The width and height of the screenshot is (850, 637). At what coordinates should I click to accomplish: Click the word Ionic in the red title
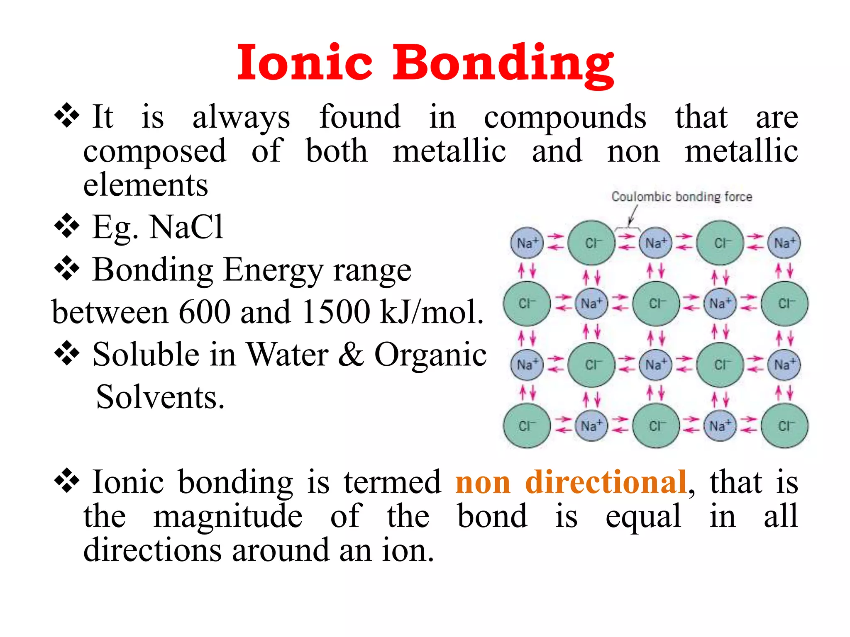point(305,63)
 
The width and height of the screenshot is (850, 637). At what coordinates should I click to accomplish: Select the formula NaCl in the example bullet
point(187,227)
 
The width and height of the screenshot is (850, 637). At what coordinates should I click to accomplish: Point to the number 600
point(204,312)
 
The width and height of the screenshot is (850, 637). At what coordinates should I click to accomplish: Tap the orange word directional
point(606,482)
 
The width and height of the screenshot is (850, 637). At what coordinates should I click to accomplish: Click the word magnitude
point(228,517)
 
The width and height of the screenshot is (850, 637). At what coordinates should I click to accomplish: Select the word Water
point(288,355)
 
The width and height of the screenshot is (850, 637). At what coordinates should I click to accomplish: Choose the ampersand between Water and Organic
point(351,355)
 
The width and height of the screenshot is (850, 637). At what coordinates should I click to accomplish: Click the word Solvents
point(160,397)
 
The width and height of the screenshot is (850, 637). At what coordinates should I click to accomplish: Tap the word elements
point(146,185)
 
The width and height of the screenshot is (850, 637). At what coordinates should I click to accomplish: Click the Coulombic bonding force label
point(681,197)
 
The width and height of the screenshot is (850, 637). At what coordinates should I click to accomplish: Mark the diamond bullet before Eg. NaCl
point(66,226)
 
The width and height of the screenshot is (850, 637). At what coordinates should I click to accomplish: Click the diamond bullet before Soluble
point(66,354)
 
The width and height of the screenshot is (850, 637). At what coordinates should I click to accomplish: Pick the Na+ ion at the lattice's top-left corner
point(527,243)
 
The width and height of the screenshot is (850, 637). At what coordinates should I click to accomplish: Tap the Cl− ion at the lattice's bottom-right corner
point(784,426)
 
